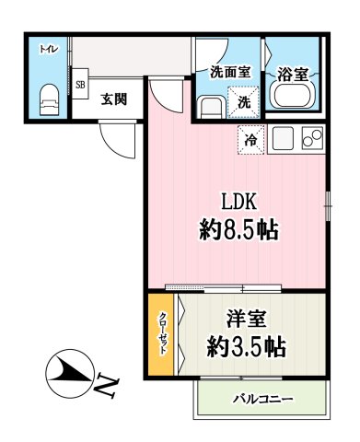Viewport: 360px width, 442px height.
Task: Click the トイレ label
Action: click(x=46, y=50)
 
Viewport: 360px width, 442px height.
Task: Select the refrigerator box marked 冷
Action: click(x=250, y=141)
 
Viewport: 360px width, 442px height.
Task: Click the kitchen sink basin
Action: click(x=281, y=140)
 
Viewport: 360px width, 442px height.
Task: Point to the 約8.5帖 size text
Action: click(x=237, y=229)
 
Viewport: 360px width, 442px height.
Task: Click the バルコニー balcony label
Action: click(x=262, y=400)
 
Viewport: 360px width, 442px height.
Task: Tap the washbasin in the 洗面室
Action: click(x=211, y=106)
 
